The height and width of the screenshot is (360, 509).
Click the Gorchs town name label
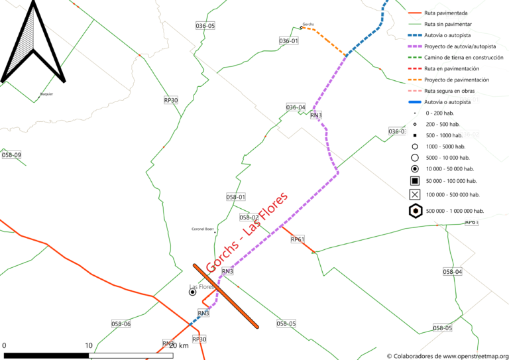tap(308, 24)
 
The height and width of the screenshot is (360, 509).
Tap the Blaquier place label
tap(46, 94)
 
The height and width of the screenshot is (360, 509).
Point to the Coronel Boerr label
tap(203, 229)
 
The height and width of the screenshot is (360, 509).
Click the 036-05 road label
tap(205, 25)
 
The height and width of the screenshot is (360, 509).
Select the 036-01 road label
tap(288, 41)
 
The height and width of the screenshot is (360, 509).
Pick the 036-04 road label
tap(296, 107)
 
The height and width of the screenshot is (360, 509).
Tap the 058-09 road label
tap(11, 155)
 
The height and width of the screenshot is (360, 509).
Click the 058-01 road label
tap(235, 197)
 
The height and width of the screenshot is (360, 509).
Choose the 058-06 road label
tap(121, 324)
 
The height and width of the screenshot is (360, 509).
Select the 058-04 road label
tap(452, 272)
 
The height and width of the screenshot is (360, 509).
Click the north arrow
tap(32, 43)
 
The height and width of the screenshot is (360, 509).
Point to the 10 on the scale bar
tap(88, 345)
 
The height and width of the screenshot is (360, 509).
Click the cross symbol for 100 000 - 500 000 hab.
tap(415, 195)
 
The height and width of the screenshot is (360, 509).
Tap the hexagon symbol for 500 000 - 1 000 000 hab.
tap(415, 211)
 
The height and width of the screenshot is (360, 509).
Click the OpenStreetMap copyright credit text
tap(447, 355)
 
